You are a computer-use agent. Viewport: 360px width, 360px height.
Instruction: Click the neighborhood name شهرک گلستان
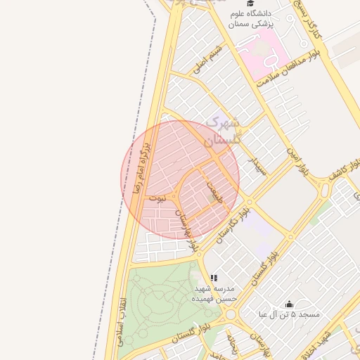pyautogui.click(x=223, y=131)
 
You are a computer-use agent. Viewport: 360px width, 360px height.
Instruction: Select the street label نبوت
pyautogui.click(x=162, y=199)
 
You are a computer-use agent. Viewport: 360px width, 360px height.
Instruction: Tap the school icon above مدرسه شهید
pyautogui.click(x=214, y=278)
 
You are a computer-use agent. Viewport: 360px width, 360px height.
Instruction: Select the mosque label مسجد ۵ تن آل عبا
pyautogui.click(x=289, y=314)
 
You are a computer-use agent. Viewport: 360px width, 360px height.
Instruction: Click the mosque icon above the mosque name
pyautogui.click(x=289, y=304)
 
